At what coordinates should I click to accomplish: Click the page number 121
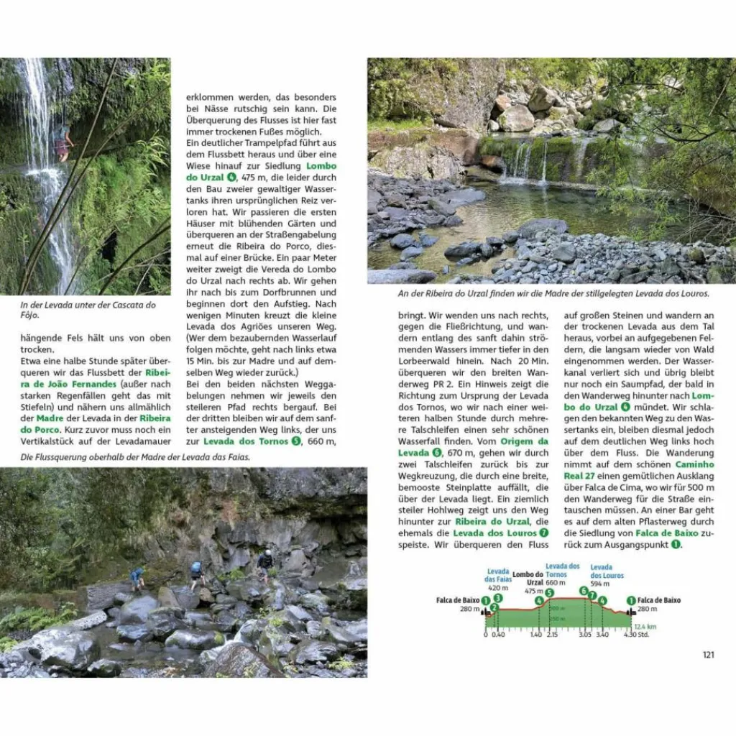click(708, 654)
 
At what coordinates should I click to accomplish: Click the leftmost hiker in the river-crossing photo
click(137, 577)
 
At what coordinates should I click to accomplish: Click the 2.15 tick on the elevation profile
click(552, 635)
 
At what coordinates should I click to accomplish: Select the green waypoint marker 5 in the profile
click(550, 593)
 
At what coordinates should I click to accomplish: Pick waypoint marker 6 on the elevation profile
click(584, 591)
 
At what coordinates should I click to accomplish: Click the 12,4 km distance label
click(645, 626)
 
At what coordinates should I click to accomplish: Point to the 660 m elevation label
click(556, 583)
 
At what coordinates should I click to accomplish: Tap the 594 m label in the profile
click(600, 584)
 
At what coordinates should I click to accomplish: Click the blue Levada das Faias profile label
click(497, 576)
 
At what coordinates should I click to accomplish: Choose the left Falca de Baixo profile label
click(458, 600)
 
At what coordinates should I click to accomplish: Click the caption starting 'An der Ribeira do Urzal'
click(553, 293)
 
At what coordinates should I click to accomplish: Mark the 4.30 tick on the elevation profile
click(631, 635)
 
